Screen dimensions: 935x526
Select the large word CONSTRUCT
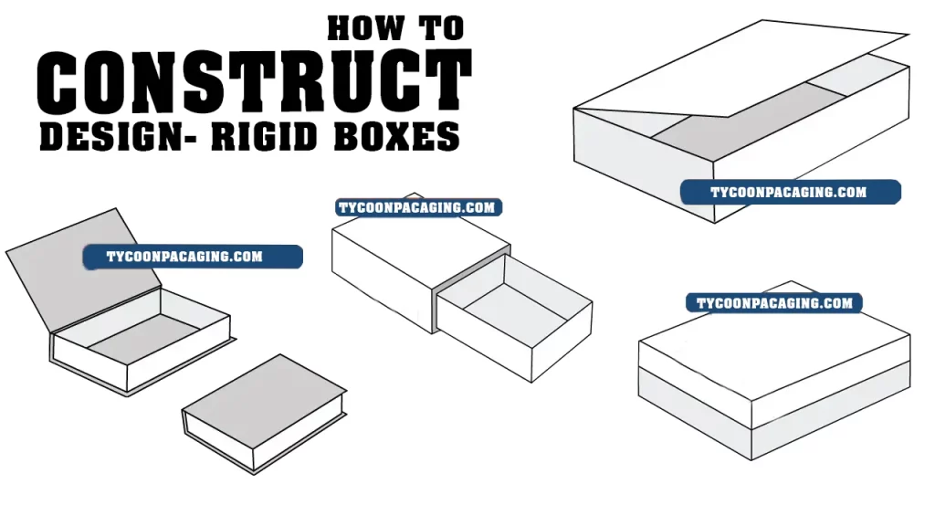click(255, 82)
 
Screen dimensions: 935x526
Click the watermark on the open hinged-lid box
click(193, 257)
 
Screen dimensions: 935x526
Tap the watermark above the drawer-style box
click(418, 207)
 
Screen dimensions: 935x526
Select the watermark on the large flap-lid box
click(790, 192)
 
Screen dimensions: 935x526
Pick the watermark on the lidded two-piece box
click(774, 303)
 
